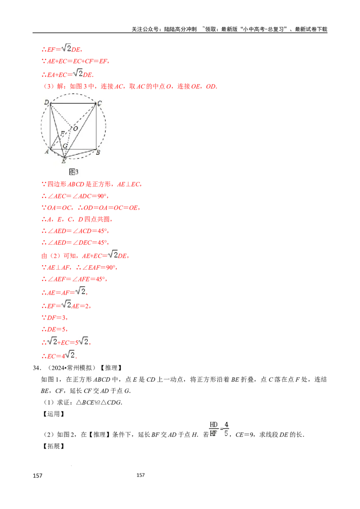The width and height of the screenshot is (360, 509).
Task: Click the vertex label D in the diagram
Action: [46, 103]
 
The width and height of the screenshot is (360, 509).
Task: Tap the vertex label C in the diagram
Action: [99, 103]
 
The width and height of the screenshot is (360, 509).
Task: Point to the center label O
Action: [75, 129]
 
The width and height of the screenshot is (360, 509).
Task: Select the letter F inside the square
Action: [62, 134]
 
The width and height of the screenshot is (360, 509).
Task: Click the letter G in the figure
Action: [65, 146]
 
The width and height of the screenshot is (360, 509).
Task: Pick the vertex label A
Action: [46, 152]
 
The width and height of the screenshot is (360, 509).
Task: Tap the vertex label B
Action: [98, 152]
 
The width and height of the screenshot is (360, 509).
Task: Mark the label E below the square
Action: [63, 161]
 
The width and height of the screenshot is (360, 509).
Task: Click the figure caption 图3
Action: [74, 172]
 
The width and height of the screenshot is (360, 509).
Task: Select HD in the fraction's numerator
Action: [213, 424]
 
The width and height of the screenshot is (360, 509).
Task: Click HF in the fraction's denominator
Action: [213, 434]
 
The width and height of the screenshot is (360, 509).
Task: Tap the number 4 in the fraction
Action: [226, 424]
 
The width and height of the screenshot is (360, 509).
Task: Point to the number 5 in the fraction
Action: [226, 434]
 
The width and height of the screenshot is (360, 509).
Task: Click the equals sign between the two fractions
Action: [220, 429]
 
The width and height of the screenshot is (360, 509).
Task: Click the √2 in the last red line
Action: [70, 355]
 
